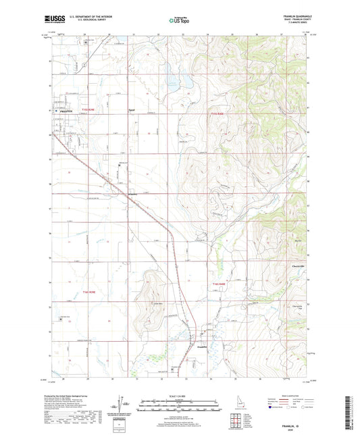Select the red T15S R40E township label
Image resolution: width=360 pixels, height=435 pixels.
point(216,113)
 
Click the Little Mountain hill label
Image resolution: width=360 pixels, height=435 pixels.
point(161,303)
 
